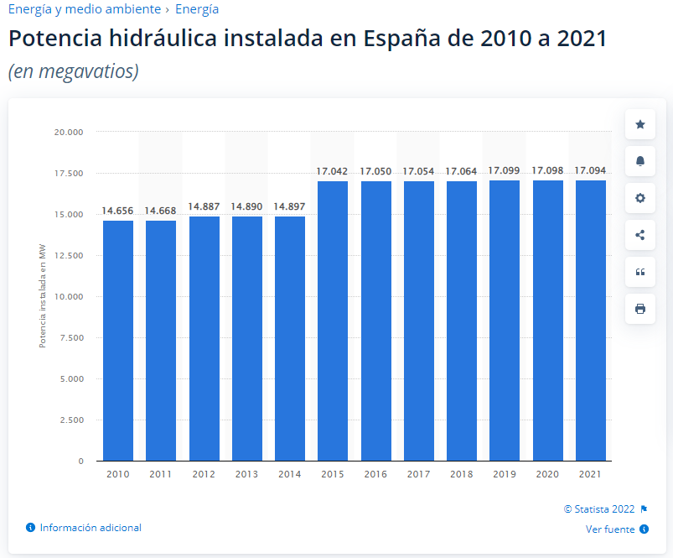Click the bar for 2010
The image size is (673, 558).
(x=118, y=340)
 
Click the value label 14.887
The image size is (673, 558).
(x=204, y=206)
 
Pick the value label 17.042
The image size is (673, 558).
(x=332, y=171)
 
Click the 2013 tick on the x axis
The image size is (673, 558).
(x=246, y=474)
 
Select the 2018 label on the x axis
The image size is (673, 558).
(x=461, y=474)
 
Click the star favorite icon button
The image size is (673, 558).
(x=640, y=124)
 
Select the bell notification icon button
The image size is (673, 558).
(x=640, y=161)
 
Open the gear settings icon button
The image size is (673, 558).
(x=640, y=198)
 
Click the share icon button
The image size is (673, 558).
(x=640, y=235)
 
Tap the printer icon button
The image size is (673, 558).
(x=640, y=309)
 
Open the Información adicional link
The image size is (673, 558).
(x=91, y=528)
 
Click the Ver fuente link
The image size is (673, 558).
(x=611, y=529)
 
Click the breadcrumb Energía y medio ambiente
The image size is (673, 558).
(x=84, y=9)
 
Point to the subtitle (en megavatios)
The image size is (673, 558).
(x=73, y=72)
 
